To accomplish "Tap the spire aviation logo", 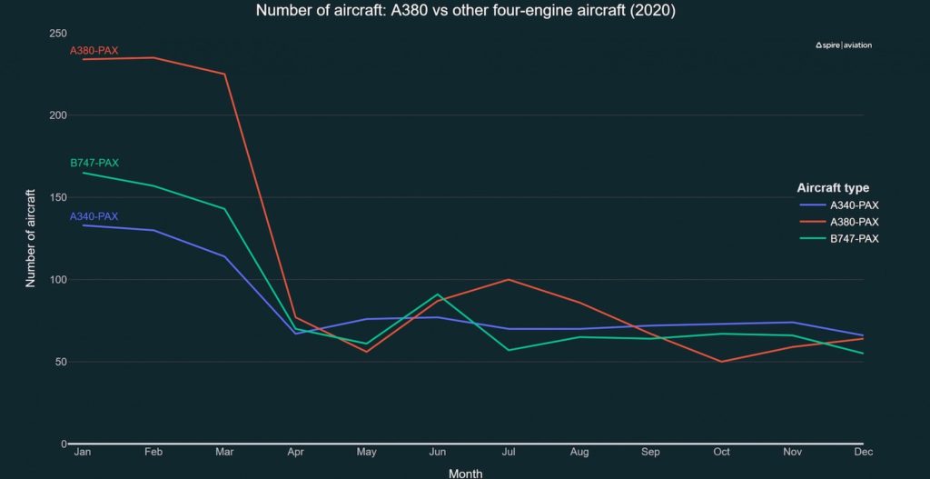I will [844, 45].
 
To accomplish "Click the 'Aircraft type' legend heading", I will [833, 188].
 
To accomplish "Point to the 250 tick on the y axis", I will [57, 34].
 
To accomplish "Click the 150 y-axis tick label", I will [57, 197].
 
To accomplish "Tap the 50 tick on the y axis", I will [61, 362].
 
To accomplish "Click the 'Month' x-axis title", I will [465, 473].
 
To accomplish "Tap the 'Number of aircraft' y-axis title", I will [30, 238].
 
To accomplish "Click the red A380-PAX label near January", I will [94, 50].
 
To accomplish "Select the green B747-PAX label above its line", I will [94, 163].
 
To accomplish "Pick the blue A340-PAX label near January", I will [94, 216].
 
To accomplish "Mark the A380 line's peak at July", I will [509, 279].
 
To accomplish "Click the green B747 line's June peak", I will [438, 294].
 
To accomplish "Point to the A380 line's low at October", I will [721, 362].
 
